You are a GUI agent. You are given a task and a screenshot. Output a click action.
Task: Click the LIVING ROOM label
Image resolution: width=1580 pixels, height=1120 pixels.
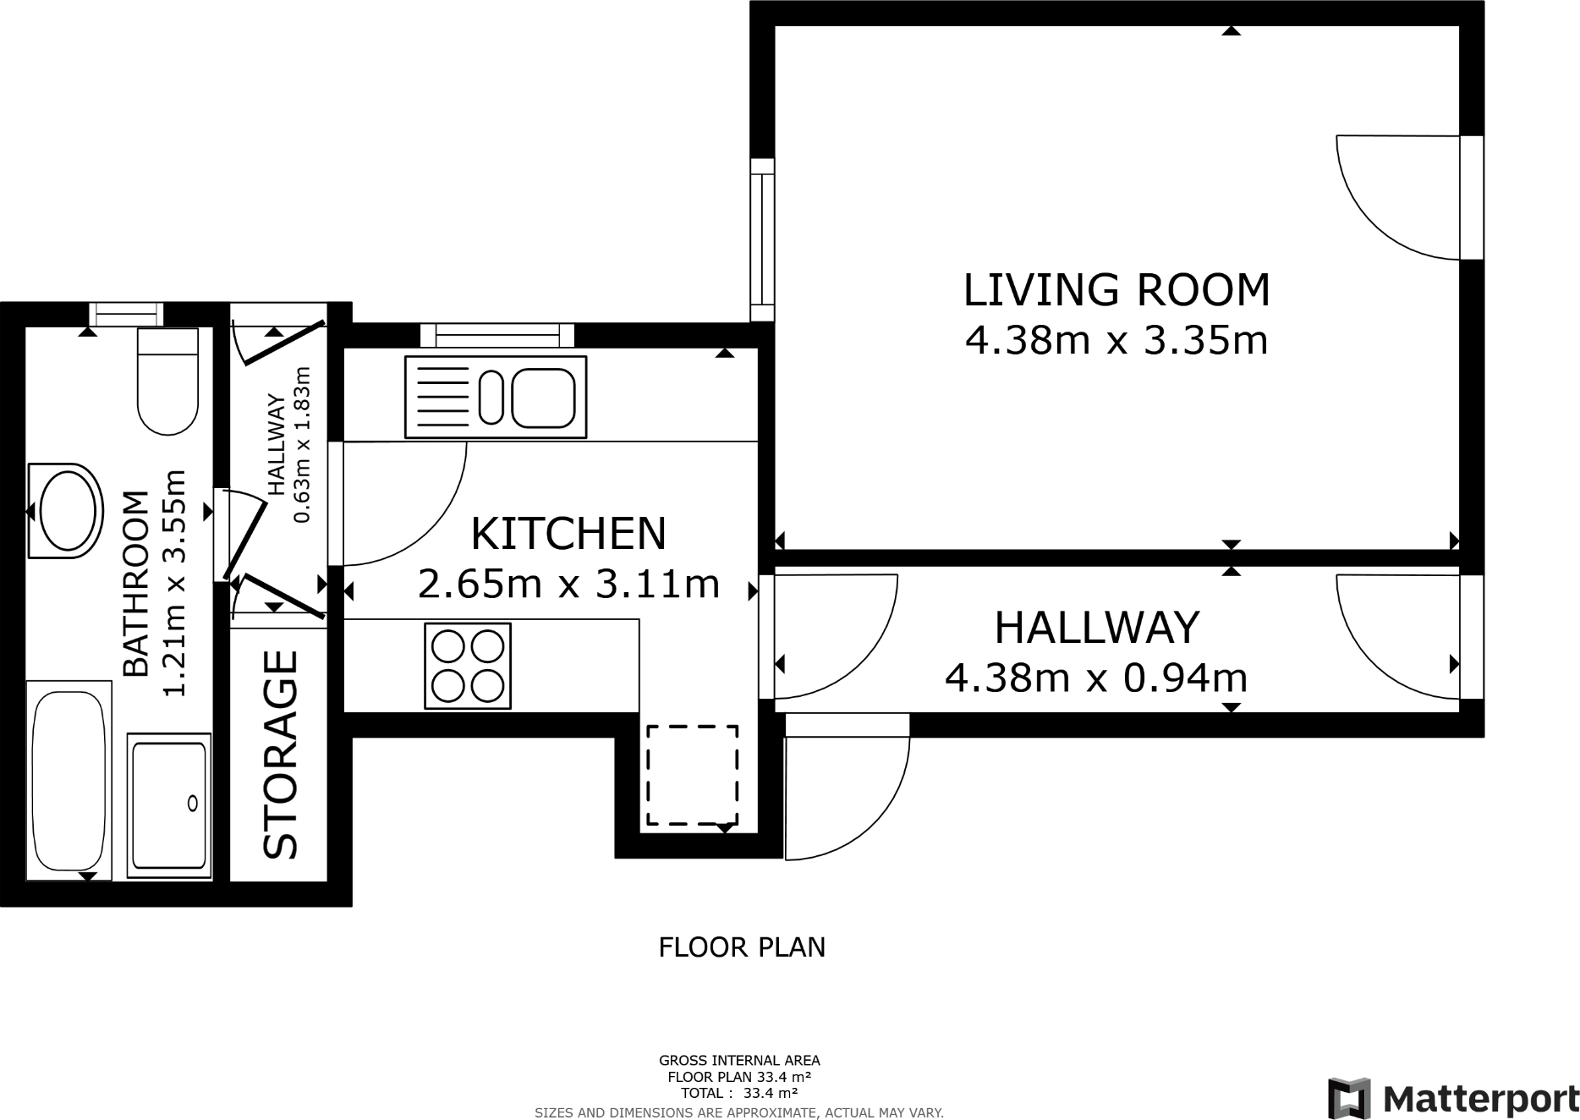point(1116,290)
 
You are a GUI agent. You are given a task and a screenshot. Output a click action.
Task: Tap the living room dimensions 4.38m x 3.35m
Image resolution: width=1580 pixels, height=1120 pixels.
point(1116,341)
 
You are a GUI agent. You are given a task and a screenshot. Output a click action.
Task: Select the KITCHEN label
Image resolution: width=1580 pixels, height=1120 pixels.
point(568,534)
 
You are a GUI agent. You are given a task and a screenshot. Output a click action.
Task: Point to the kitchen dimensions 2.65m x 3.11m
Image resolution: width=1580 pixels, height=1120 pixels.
point(568,584)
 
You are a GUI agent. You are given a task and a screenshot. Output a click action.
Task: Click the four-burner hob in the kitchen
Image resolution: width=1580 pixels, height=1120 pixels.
point(468,666)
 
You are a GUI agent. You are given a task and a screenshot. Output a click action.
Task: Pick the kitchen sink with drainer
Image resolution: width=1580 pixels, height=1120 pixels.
point(496,397)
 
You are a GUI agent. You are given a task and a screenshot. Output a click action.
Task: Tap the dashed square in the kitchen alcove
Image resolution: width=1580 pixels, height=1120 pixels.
point(692,774)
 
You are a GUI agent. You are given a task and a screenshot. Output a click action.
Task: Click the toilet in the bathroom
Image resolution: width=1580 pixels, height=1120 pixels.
point(167,381)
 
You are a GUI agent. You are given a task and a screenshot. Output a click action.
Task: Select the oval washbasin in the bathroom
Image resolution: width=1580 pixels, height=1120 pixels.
point(66,511)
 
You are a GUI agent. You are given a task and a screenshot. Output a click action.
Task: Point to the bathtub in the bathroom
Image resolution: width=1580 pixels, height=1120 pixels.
point(69,781)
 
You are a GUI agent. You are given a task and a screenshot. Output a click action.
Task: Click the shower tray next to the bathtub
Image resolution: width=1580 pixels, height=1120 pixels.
point(169,805)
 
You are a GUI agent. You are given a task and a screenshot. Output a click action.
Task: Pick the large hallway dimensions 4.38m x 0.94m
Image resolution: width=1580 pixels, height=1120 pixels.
point(1096,678)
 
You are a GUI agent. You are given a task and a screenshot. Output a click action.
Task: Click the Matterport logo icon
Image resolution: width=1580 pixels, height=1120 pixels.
point(1349,1098)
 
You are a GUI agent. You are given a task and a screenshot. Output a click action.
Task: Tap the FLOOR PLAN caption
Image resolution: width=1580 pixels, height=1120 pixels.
point(742,947)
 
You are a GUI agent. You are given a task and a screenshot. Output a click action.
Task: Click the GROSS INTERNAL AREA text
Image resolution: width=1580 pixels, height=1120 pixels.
point(739,1060)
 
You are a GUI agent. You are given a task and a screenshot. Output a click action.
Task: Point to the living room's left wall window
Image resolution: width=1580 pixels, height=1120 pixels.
point(762,239)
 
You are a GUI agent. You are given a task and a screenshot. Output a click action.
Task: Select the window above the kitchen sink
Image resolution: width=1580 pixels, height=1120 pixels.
point(497,335)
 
